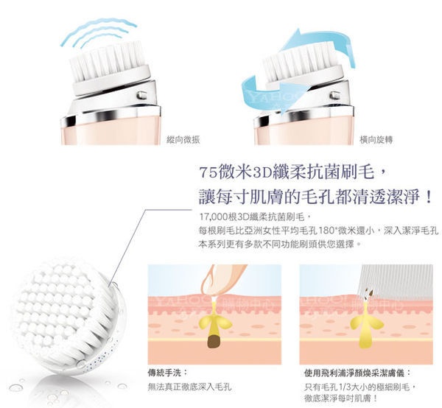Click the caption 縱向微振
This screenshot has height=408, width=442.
point(183,139)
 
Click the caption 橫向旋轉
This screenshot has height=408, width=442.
point(376,139)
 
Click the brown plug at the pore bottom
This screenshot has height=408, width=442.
point(214,342)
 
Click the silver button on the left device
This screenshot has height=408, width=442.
point(141,95)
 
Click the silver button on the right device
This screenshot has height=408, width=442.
point(334,96)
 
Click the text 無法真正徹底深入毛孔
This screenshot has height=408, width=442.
point(190,387)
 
